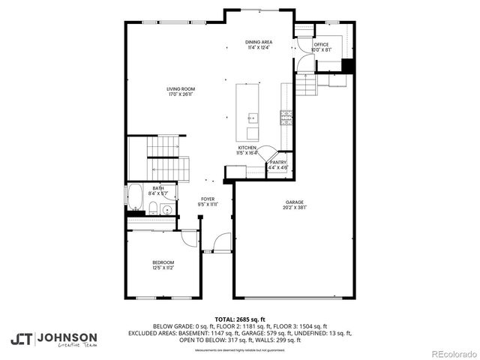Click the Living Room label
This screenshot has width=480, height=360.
pos(181,89)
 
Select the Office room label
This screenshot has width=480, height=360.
pos(321,44)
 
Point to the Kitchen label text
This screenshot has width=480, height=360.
pos(247,148)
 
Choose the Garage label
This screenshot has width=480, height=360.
pos(293,202)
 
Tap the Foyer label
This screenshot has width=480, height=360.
pos(208,199)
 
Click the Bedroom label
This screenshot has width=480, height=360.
pos(163,262)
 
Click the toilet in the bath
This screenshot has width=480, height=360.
pos(152,208)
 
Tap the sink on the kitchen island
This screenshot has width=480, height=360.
pos(253,118)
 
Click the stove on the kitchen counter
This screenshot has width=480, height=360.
pos(286,116)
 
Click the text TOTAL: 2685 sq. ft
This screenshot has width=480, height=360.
pos(240,319)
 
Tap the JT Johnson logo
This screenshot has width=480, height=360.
pos(53,338)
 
